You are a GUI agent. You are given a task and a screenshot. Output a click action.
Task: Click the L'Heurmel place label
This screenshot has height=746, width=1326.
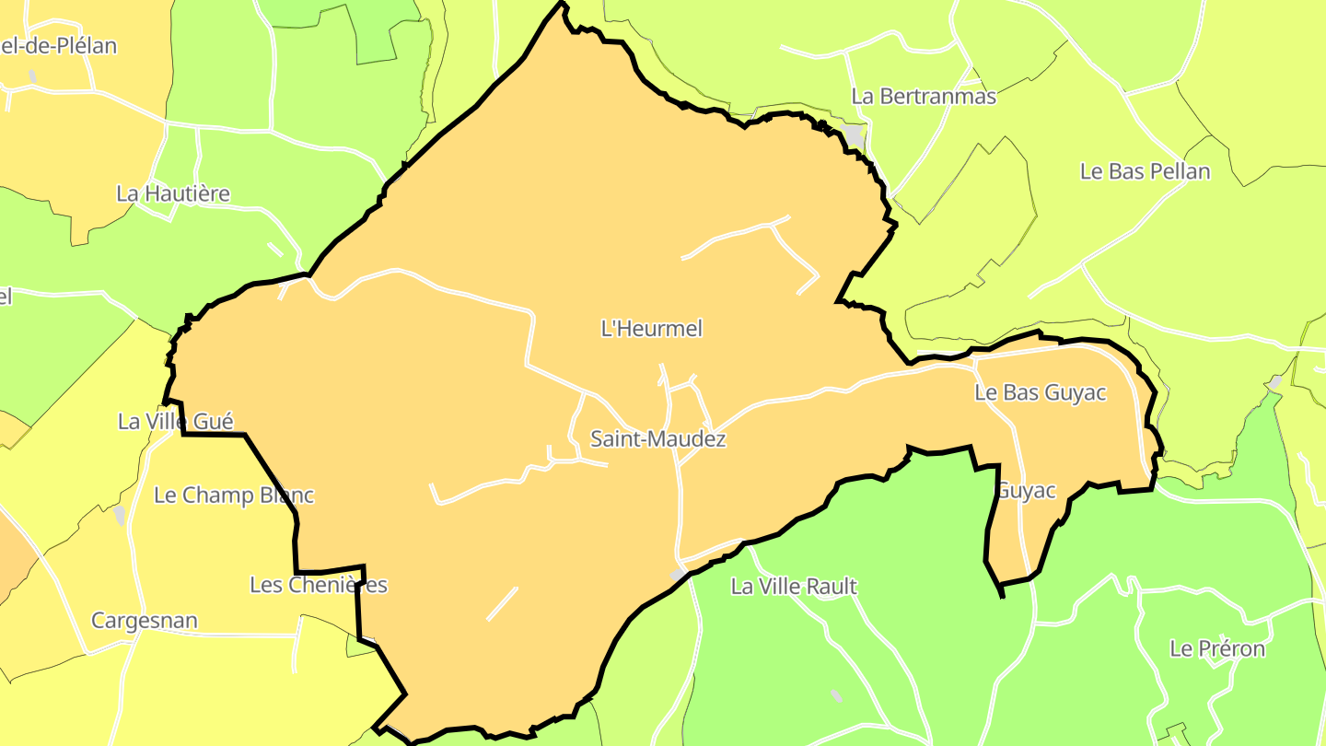point(651,329)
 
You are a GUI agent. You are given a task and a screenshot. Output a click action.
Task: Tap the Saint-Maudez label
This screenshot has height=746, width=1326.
point(657,439)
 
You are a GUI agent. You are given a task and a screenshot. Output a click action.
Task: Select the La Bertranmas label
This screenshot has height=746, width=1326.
point(924,96)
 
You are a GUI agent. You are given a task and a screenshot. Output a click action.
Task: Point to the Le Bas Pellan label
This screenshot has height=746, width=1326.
point(1145,171)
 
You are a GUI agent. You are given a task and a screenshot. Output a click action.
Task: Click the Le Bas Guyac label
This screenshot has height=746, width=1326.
point(1041,392)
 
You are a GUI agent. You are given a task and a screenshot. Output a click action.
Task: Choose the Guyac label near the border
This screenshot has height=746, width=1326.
point(1027,490)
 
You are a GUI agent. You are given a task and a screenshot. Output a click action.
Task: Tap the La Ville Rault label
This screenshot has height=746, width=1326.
point(794,586)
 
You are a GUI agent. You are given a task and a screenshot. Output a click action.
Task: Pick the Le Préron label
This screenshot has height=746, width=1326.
point(1217,648)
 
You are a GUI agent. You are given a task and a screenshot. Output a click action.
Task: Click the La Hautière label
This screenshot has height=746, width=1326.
point(173,193)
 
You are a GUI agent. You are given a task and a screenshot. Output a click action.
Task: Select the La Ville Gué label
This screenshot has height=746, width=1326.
point(176,421)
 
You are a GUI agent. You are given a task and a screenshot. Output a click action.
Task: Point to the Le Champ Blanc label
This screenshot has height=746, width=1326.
point(234,495)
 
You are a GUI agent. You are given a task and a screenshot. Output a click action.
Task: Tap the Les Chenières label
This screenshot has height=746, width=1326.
point(319,585)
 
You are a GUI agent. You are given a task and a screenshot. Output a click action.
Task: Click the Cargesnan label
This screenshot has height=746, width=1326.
point(145,620)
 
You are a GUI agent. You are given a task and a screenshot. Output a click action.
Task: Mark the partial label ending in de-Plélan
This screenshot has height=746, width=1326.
point(59,45)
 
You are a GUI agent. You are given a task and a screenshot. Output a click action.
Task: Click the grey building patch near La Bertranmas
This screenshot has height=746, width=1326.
point(855,135)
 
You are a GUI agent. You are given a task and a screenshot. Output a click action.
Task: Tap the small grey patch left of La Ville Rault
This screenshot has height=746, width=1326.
point(679,575)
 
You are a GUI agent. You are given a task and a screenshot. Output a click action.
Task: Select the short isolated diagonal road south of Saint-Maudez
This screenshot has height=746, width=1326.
point(502,603)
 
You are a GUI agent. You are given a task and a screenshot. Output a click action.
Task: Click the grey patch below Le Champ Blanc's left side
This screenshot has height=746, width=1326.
point(120,516)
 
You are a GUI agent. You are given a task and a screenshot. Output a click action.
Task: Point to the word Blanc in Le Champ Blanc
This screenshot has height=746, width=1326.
point(285,495)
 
